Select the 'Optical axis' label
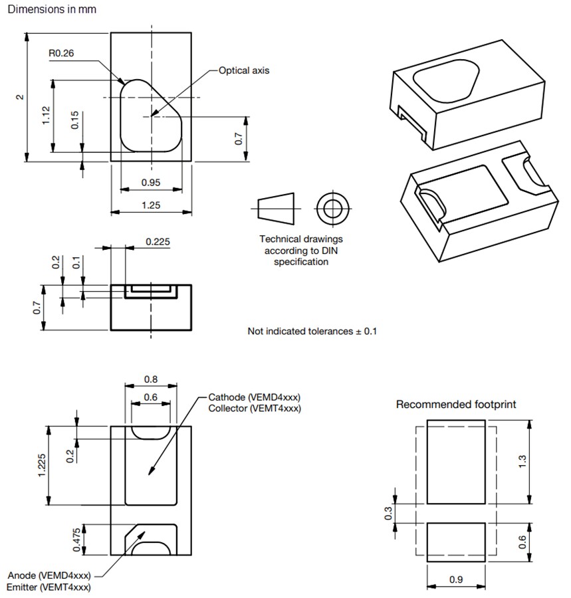coord(244,70)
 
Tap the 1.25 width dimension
coord(151,205)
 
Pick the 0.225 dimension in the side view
coord(157,241)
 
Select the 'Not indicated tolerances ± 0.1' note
coord(312,331)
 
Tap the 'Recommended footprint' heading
coord(456,404)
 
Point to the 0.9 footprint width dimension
coord(456,579)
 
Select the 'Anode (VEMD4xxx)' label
coord(49,575)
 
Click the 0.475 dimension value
coord(77,540)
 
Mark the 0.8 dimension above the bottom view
coord(151,380)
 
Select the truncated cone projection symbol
coord(275,209)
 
